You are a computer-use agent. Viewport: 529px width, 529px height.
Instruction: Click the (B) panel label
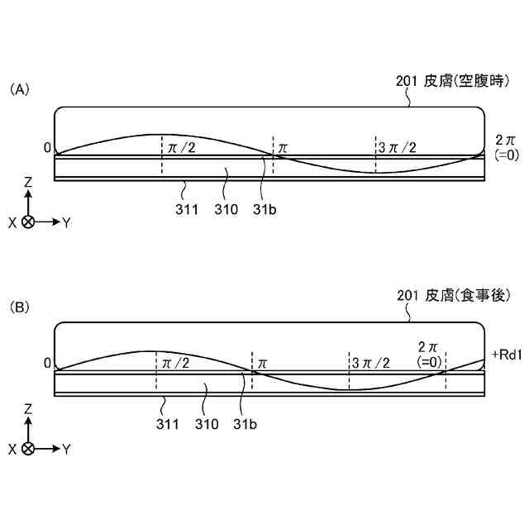point(19,307)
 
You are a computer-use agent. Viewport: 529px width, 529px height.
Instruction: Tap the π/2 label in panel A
point(182,147)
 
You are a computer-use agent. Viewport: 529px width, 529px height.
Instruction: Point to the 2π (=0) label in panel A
point(504,147)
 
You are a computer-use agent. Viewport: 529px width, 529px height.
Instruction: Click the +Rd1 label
point(505,355)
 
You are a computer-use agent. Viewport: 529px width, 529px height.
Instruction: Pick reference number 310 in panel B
point(206,425)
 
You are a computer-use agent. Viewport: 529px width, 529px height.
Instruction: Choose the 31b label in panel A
point(264,209)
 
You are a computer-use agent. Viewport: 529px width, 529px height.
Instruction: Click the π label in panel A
point(283,148)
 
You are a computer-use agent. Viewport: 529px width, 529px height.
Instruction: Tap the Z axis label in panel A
point(28,181)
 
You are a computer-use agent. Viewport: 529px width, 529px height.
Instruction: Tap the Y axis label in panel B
point(66,449)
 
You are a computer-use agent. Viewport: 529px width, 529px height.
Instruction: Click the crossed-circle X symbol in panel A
point(28,222)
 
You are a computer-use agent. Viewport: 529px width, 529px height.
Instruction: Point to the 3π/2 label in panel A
point(397,147)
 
